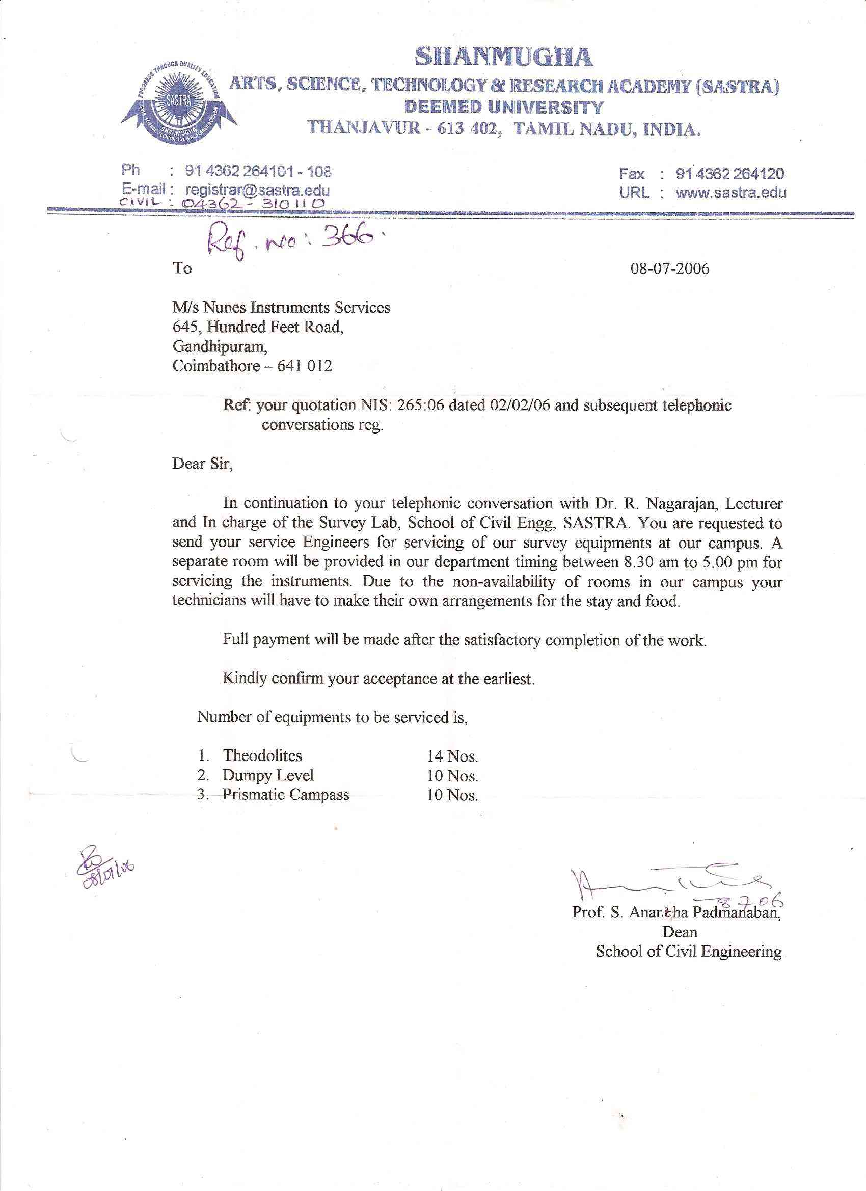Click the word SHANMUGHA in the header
pyautogui.click(x=504, y=57)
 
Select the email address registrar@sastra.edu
pyautogui.click(x=257, y=190)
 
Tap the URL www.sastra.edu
pyautogui.click(x=730, y=192)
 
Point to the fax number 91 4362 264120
pyautogui.click(x=730, y=173)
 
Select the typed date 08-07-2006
pyautogui.click(x=669, y=269)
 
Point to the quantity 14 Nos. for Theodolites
pyautogui.click(x=452, y=756)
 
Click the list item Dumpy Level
pyautogui.click(x=268, y=775)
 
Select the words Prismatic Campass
pyautogui.click(x=286, y=795)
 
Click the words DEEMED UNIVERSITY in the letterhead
pyautogui.click(x=504, y=107)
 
